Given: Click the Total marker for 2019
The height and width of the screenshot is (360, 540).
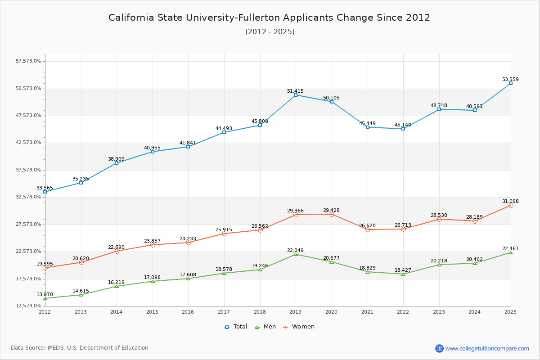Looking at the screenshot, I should [296, 95].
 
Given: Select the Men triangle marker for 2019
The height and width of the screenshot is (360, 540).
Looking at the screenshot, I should [296, 254].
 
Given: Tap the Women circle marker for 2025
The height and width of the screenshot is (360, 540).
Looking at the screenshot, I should [511, 205].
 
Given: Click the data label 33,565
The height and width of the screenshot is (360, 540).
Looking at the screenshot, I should [45, 188].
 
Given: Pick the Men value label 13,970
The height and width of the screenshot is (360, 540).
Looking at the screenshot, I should [45, 294].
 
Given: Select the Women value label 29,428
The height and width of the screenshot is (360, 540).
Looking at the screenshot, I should [331, 211].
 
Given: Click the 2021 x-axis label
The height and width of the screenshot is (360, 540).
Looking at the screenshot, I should [367, 312].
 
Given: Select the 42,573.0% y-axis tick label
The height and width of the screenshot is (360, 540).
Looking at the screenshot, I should [29, 143].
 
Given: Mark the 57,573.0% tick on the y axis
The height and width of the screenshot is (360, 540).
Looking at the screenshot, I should [29, 61].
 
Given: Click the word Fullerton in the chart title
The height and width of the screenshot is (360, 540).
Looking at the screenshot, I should [260, 18].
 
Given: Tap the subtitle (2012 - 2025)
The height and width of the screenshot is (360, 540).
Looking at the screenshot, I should [270, 32].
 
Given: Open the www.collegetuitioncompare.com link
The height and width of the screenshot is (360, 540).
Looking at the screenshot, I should [487, 348].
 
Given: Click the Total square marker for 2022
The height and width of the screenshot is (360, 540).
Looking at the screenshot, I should [403, 129].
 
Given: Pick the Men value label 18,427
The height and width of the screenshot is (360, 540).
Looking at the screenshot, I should [403, 270].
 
